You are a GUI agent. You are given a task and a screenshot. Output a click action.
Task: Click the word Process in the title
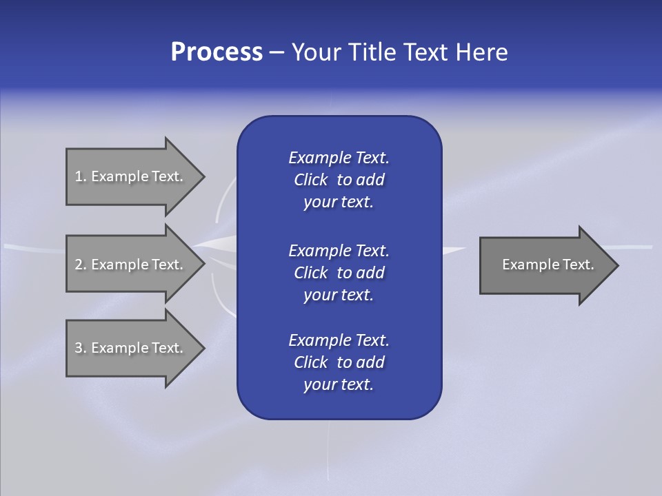pyautogui.click(x=217, y=52)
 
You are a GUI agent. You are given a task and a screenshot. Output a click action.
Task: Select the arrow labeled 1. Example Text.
pyautogui.click(x=131, y=176)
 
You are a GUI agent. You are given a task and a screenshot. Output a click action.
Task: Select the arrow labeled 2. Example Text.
pyautogui.click(x=131, y=265)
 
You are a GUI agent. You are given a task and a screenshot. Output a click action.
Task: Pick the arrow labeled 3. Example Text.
pyautogui.click(x=131, y=348)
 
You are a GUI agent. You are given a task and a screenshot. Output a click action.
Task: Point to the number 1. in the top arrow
pyautogui.click(x=81, y=176)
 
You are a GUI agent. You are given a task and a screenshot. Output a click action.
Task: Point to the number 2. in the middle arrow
pyautogui.click(x=81, y=265)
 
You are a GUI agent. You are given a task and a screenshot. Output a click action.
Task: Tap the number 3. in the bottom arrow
pyautogui.click(x=81, y=348)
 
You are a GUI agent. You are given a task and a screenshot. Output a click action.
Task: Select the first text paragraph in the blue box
pyautogui.click(x=339, y=180)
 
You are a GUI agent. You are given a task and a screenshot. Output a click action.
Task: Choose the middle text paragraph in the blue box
pyautogui.click(x=339, y=273)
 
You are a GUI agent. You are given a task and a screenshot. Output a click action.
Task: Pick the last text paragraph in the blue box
pyautogui.click(x=339, y=362)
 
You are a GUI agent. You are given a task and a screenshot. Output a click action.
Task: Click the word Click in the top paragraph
pyautogui.click(x=310, y=180)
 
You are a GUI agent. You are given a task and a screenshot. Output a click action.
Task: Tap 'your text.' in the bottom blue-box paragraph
pyautogui.click(x=339, y=384)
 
